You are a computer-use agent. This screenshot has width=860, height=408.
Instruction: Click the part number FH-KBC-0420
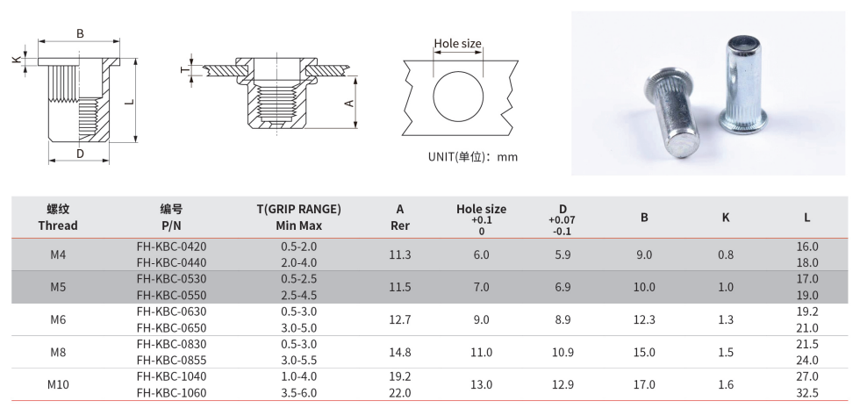[x=172, y=247]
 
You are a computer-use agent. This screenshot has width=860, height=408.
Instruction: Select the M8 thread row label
[x=58, y=352]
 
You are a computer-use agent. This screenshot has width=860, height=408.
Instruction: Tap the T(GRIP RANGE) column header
[x=299, y=209]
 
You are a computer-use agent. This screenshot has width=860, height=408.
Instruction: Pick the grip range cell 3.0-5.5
[x=299, y=361]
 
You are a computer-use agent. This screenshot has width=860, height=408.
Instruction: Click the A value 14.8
[x=400, y=352]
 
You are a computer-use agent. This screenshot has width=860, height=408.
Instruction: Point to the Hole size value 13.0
[x=481, y=384]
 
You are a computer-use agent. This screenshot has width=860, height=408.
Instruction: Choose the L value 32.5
[x=806, y=393]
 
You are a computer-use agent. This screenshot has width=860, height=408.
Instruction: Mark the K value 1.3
[x=726, y=319]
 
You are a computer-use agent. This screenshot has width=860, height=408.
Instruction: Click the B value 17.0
[x=644, y=384]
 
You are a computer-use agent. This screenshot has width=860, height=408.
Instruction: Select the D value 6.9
[x=563, y=288]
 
